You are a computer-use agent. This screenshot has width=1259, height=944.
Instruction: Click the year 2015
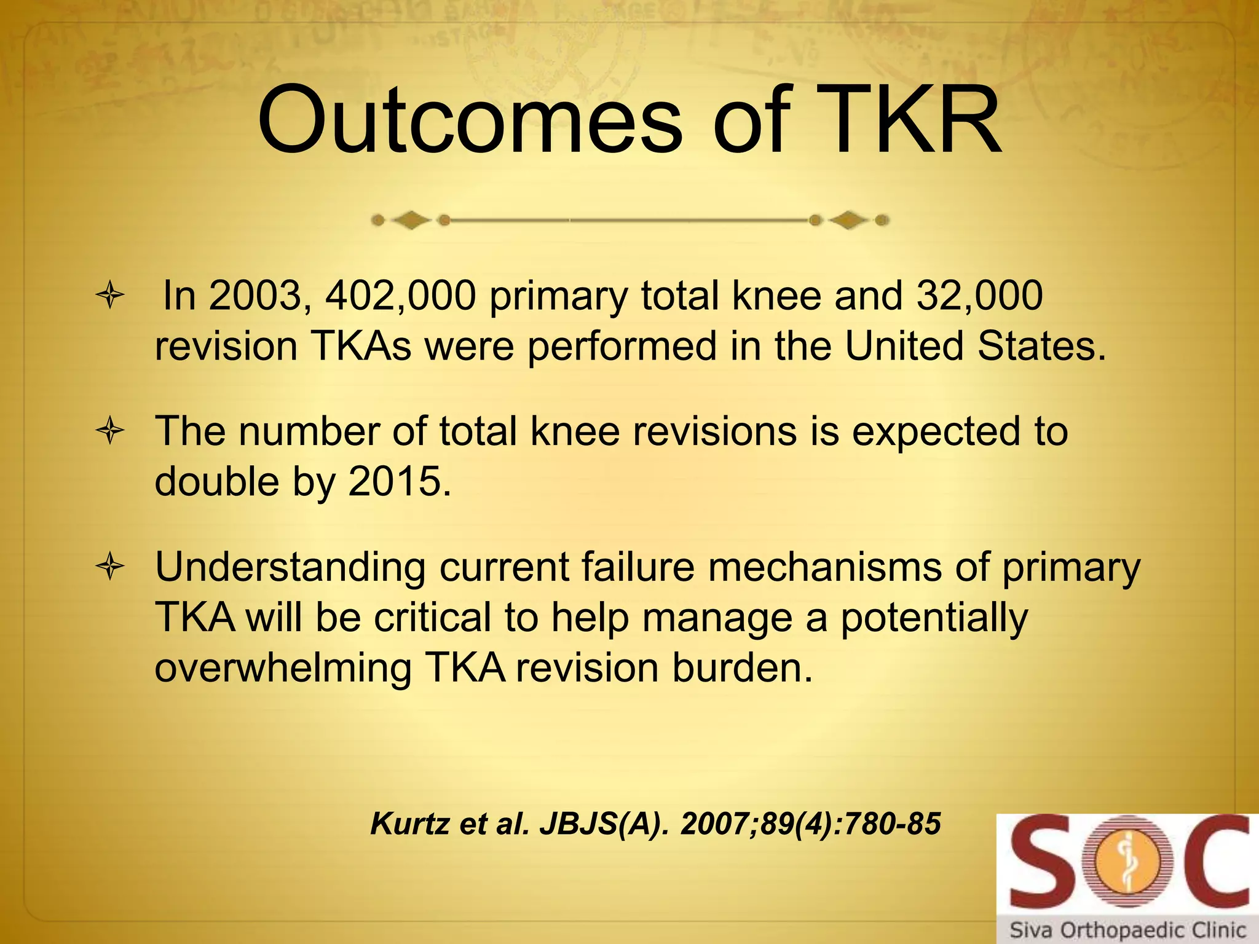click(400, 481)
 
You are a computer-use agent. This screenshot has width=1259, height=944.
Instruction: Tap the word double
click(217, 481)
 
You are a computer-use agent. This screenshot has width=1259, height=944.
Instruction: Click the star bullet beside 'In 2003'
click(110, 297)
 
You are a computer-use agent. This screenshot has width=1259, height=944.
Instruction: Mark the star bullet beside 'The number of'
click(110, 431)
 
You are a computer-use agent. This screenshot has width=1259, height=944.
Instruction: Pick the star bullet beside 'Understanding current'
click(110, 568)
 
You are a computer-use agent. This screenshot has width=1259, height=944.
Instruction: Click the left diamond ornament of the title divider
click(411, 220)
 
